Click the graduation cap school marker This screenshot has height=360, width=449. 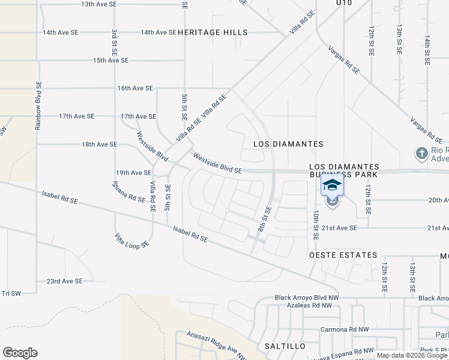coord(332,185)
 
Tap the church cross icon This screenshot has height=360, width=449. coord(421,154)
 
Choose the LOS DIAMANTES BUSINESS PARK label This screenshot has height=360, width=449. coord(344,170)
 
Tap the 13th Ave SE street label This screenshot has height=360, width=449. coord(99,4)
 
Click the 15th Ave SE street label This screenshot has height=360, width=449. coord(110,61)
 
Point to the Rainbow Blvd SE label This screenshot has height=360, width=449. coord(38,106)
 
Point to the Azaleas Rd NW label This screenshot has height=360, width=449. coord(296,306)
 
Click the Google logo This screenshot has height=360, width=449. coord(20,353)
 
